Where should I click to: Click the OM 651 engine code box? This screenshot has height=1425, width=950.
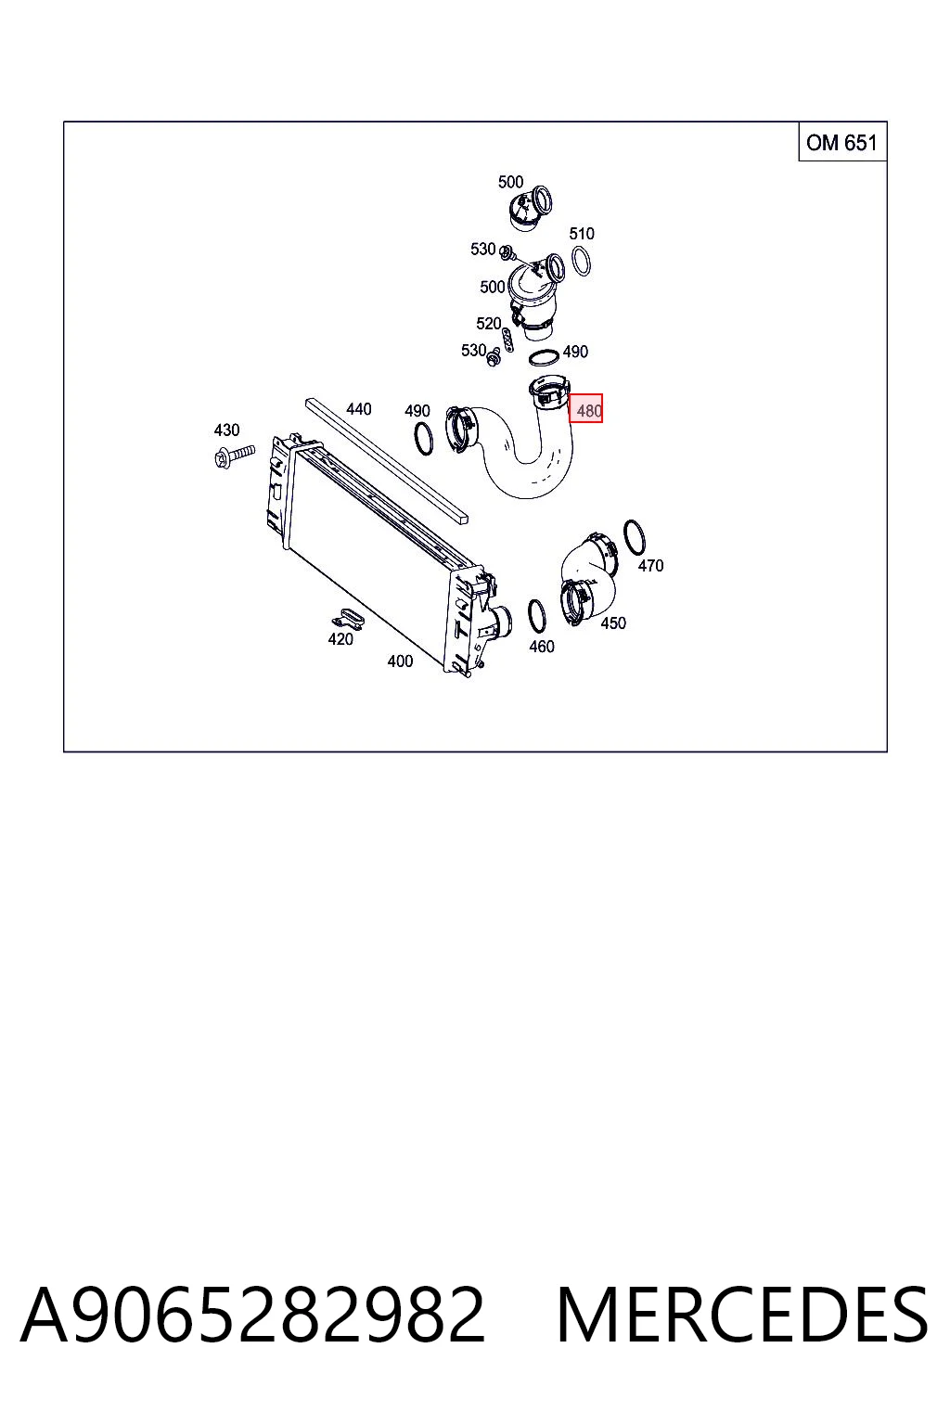841,142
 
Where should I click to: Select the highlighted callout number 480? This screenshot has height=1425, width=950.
585,408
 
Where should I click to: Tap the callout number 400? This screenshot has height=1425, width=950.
400,661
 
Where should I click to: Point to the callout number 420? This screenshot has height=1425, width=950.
340,639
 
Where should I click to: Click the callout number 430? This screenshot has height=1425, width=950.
226,430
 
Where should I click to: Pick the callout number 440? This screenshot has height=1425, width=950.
359,409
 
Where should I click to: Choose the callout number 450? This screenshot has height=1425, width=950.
613,623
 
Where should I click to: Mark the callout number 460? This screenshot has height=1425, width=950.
542,647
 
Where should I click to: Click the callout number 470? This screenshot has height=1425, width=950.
651,566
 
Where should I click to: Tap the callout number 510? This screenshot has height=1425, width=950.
582,234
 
